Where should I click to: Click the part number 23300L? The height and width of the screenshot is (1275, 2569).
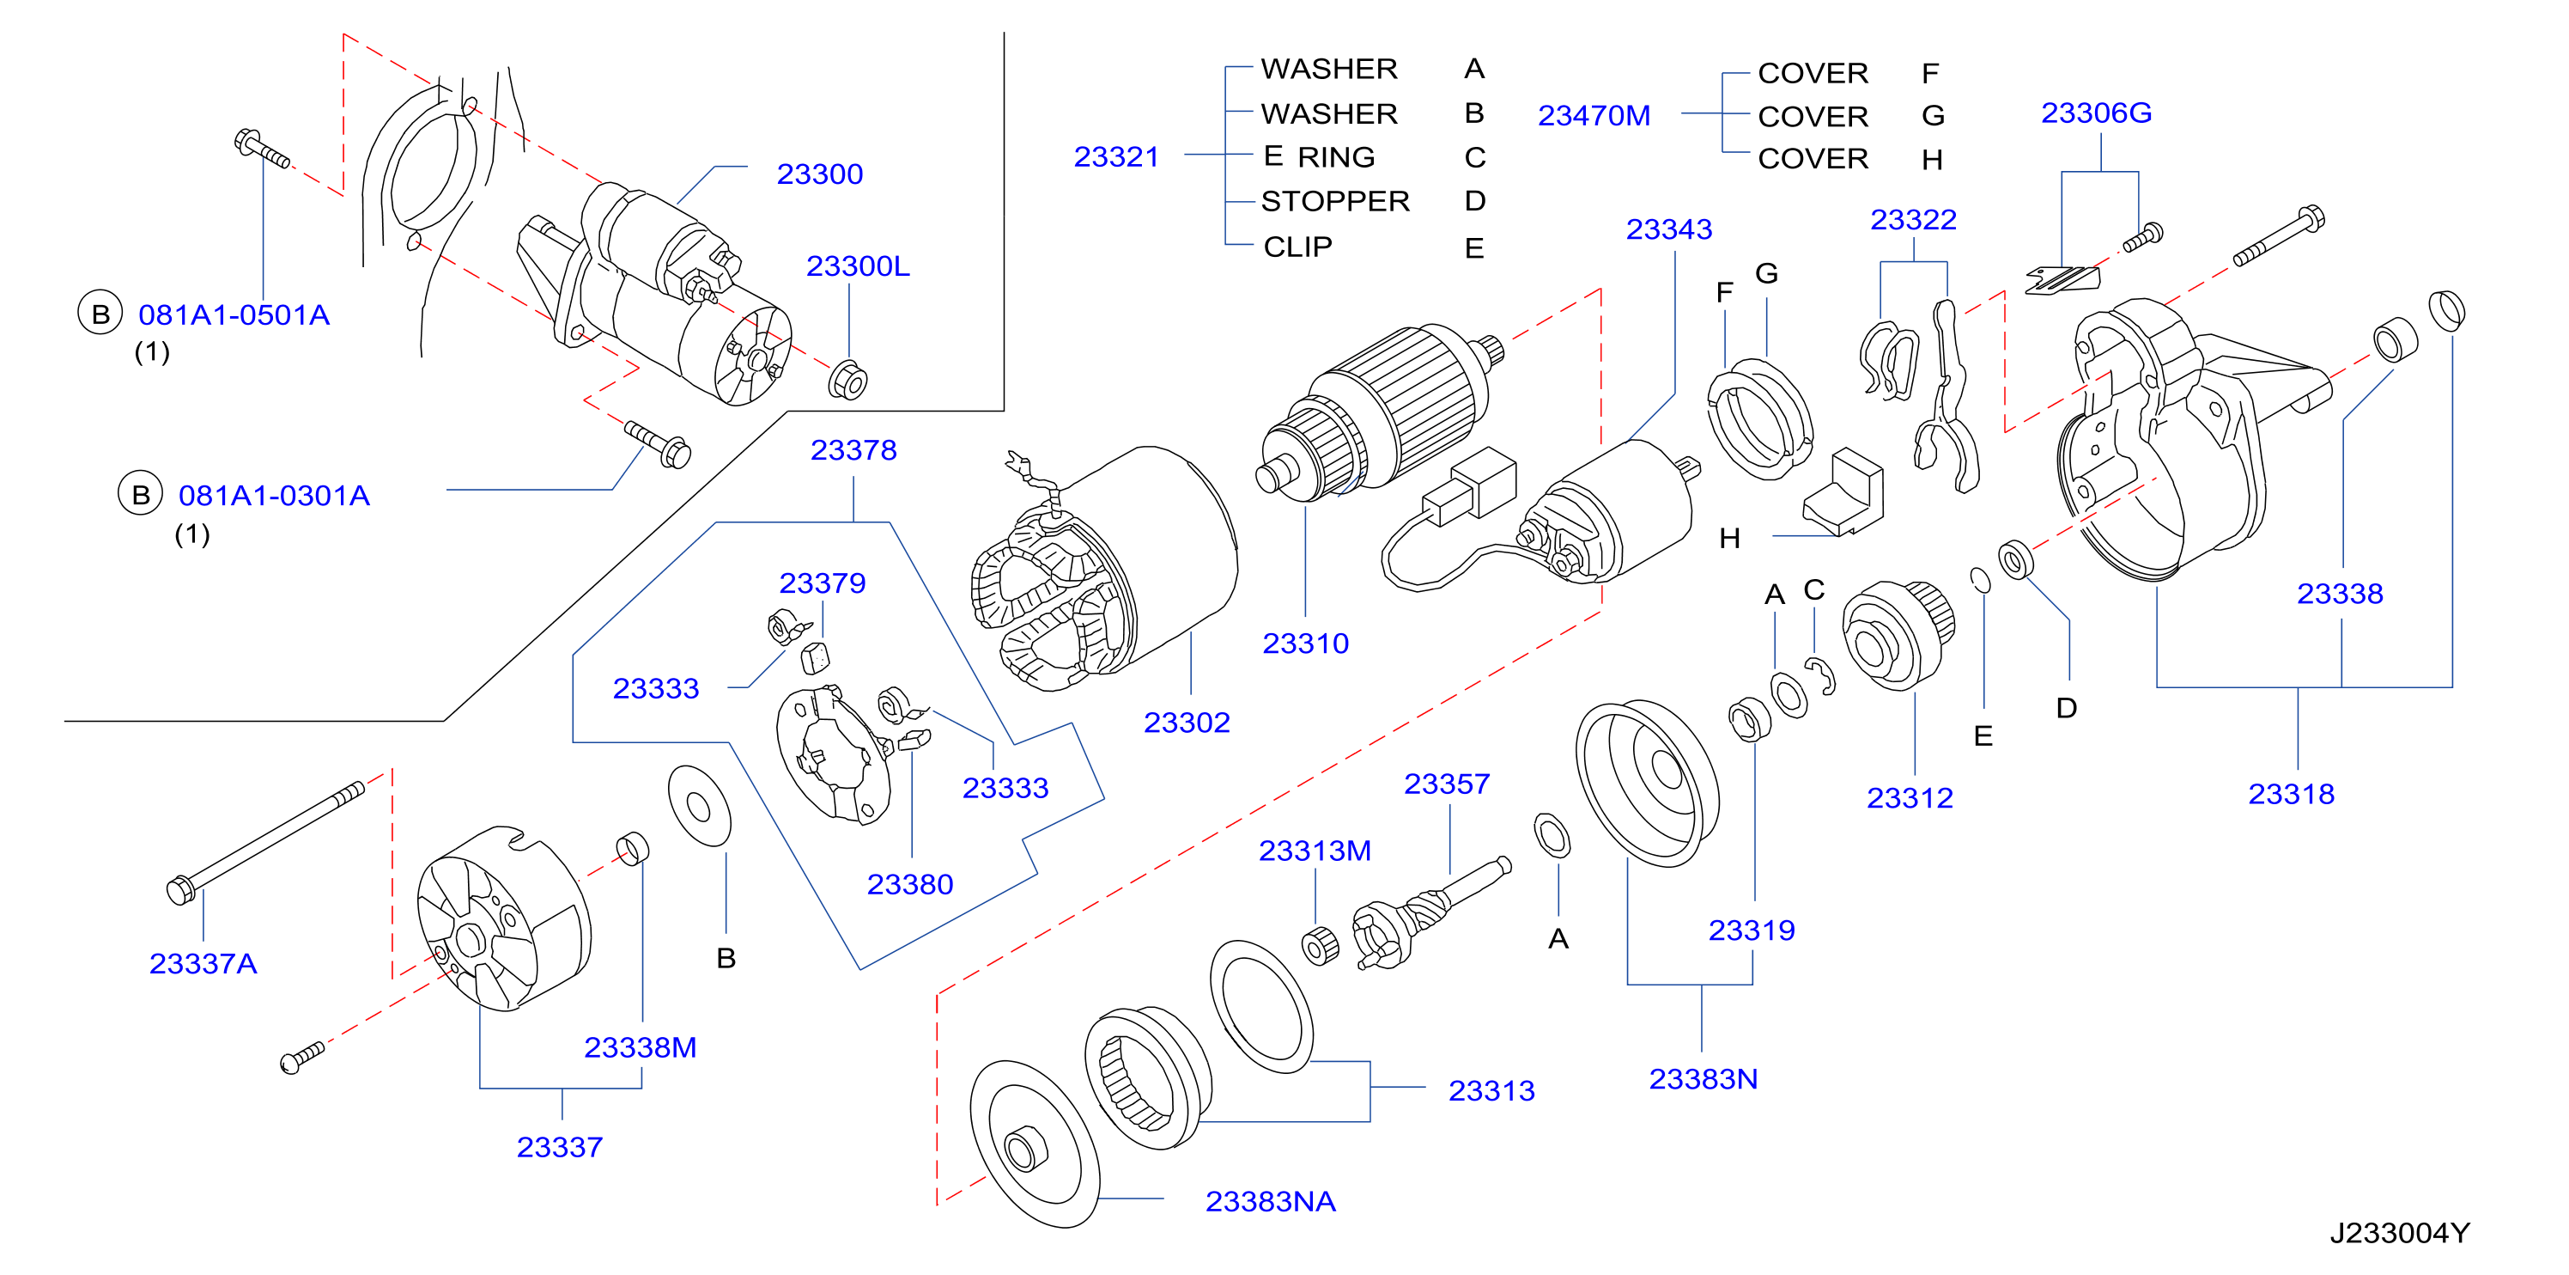point(857,266)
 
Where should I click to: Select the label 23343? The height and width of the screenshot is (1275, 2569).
point(1668,229)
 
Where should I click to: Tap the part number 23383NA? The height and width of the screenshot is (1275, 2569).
point(1270,1201)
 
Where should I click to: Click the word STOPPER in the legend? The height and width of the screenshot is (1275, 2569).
point(1335,202)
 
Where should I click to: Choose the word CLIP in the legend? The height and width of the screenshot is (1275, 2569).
point(1297,247)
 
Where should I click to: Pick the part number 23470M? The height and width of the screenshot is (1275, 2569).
point(1594,116)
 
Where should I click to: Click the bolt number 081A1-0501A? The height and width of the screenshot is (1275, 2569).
point(234,315)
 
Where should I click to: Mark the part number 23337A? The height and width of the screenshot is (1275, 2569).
point(203,964)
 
